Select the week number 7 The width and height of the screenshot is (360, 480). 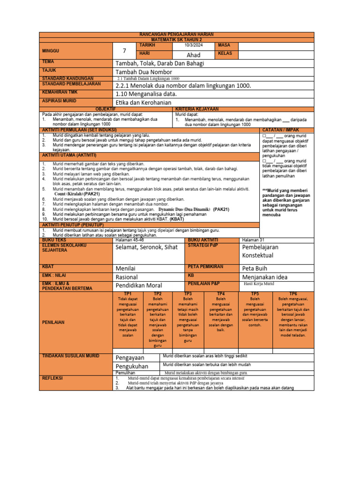tap(125, 51)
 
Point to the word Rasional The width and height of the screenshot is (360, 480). tap(127, 277)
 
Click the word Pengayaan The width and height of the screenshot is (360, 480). tap(130, 358)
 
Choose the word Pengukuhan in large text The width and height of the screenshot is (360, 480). tap(132, 366)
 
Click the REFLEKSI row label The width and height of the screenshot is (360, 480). tap(52, 377)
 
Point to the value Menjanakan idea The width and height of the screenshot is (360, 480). tap(265, 277)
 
